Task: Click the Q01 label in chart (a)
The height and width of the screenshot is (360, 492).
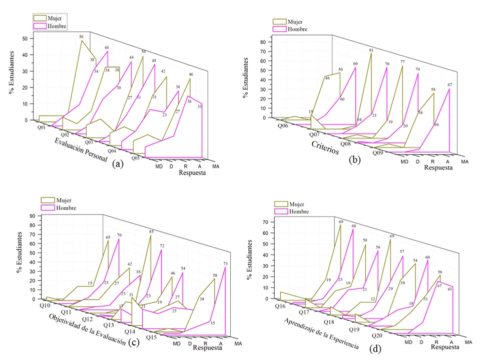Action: click(42, 127)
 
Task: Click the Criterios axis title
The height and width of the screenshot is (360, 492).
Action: click(325, 149)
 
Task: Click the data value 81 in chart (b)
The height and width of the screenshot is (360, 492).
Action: click(371, 50)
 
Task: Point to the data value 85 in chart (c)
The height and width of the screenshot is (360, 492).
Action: click(151, 231)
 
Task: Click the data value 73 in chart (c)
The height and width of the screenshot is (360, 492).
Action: click(226, 263)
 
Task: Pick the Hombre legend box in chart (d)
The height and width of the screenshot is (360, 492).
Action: click(282, 211)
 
